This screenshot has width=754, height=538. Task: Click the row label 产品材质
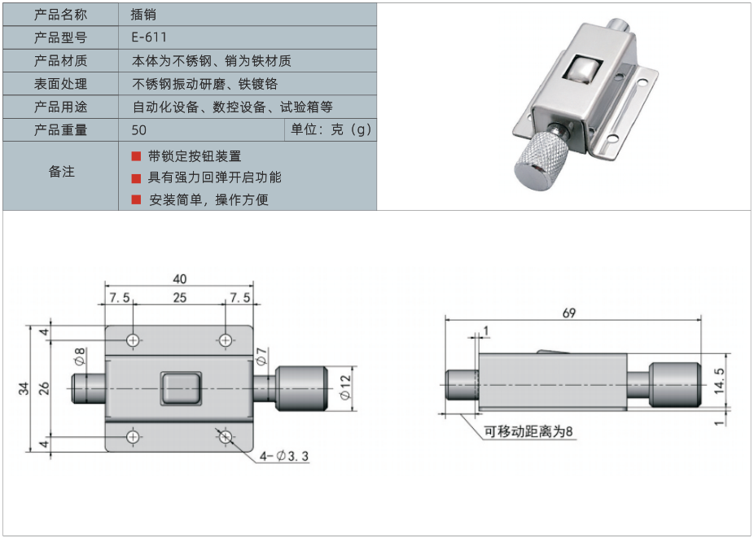pyautogui.click(x=61, y=60)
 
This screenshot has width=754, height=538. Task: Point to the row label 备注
pyautogui.click(x=61, y=172)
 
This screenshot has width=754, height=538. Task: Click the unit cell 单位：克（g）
pyautogui.click(x=331, y=130)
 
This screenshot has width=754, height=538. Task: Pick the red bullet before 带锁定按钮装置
pyautogui.click(x=136, y=156)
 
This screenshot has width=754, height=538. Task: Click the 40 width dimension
pyautogui.click(x=179, y=278)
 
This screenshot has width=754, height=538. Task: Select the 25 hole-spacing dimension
pyautogui.click(x=179, y=298)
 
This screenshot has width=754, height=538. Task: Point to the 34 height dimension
pyautogui.click(x=24, y=389)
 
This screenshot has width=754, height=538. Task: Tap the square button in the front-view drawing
pyautogui.click(x=179, y=387)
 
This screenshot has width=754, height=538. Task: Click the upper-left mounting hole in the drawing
pyautogui.click(x=134, y=339)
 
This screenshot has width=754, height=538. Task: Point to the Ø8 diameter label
pyautogui.click(x=79, y=356)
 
